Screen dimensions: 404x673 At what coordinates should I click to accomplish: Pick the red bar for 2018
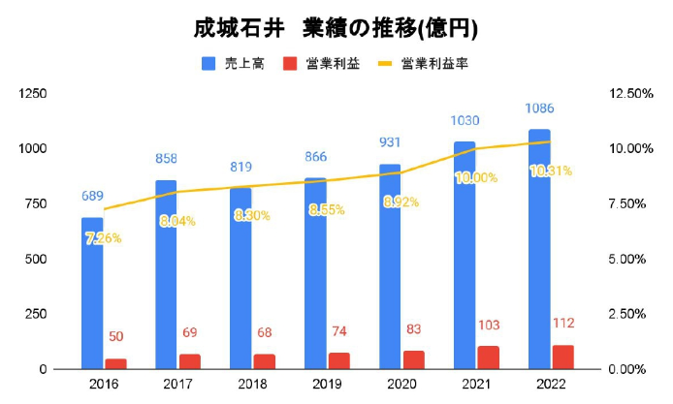coord(265,361)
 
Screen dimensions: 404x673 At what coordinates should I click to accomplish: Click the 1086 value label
coord(539,109)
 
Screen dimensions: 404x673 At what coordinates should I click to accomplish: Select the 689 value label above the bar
coord(92,197)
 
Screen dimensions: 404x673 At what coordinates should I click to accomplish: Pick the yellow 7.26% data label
coord(103,238)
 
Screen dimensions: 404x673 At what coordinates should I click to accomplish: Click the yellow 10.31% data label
coord(551,171)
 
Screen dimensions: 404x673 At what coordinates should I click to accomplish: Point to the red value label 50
coord(115,336)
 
